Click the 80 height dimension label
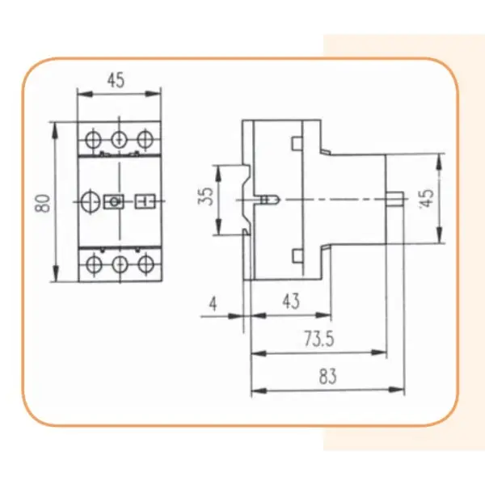click(x=43, y=203)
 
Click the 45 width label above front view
click(x=116, y=80)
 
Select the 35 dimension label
click(x=205, y=196)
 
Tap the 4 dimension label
click(x=213, y=304)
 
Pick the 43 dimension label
click(x=291, y=302)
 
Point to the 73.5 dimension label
click(x=319, y=339)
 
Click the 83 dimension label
click(x=327, y=377)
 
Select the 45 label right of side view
click(x=427, y=198)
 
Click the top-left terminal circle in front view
click(x=93, y=139)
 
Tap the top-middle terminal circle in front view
click(x=119, y=140)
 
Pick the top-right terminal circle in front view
click(x=145, y=139)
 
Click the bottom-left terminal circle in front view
click(x=93, y=264)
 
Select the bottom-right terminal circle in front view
click(x=146, y=264)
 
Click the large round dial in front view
click(x=91, y=201)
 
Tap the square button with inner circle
click(x=115, y=201)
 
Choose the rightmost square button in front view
click(x=145, y=201)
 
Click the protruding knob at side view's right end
click(x=394, y=199)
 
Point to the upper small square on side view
click(x=297, y=144)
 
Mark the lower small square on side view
click(x=297, y=256)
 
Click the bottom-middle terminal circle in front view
click(x=120, y=264)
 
